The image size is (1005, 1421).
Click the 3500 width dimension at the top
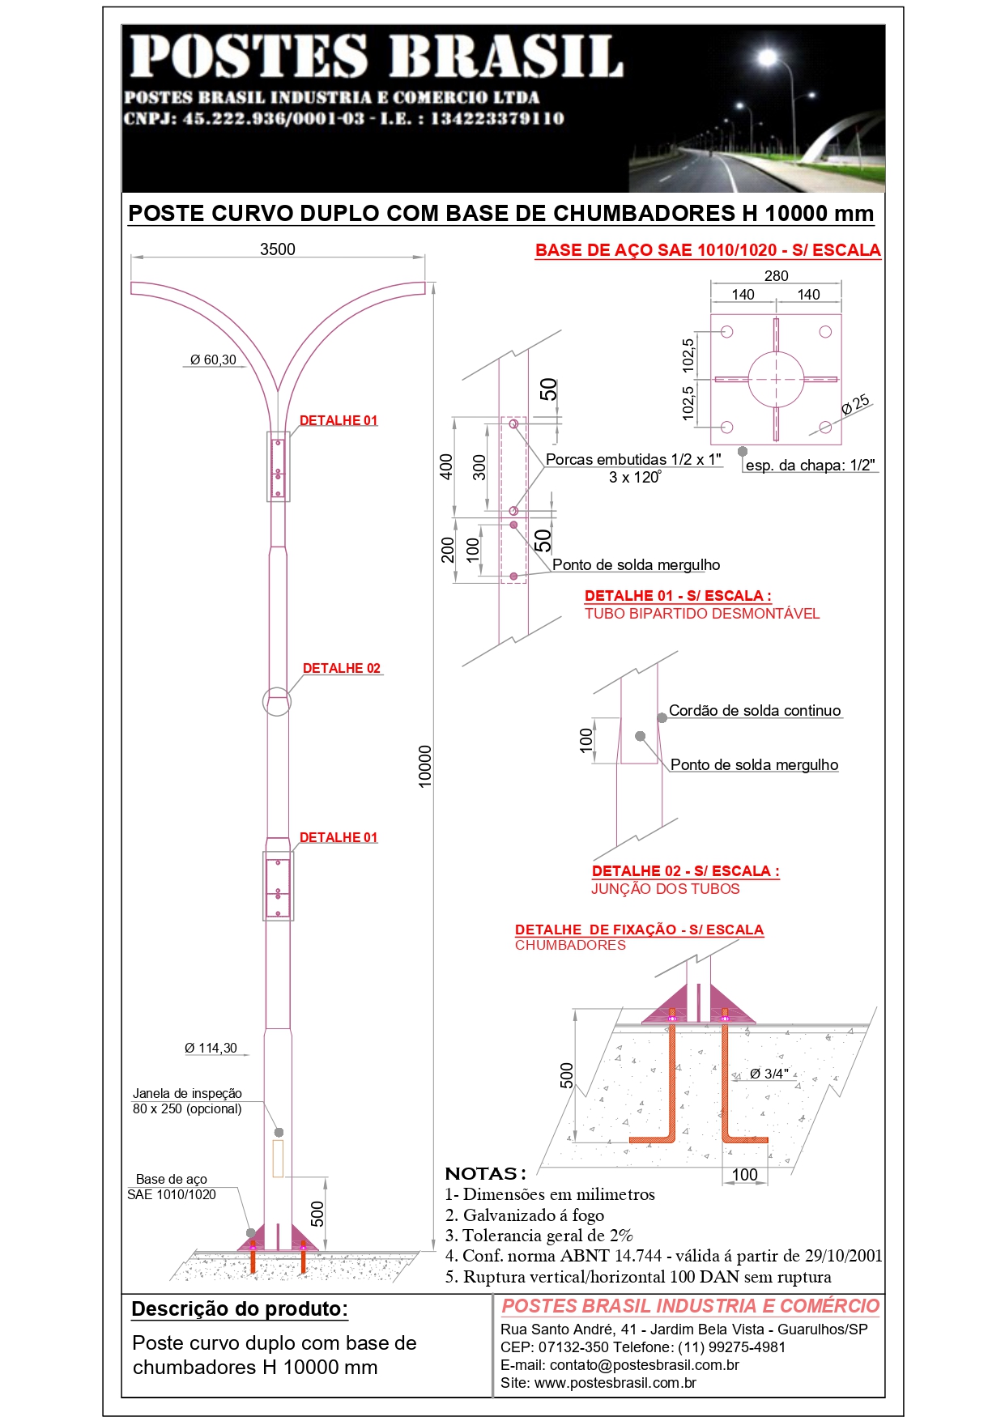277,249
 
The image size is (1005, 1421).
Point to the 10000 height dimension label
425,766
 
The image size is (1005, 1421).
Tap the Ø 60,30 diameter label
213,360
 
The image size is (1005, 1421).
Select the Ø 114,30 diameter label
211,1048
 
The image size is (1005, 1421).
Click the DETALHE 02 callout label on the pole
341,668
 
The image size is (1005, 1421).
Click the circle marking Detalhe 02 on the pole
277,702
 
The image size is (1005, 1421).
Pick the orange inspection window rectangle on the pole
278,1158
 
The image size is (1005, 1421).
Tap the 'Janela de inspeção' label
187,1093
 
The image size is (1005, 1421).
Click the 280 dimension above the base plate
776,276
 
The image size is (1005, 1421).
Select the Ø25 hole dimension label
855,404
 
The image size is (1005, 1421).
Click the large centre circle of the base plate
776,379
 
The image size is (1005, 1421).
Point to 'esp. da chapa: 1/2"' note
810,466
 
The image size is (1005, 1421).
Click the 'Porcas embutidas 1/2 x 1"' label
633,459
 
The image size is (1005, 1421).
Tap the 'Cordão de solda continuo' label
755,710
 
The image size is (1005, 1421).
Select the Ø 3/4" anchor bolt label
769,1074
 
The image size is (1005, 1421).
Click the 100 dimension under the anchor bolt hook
744,1174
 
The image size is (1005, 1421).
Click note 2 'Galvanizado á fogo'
525,1215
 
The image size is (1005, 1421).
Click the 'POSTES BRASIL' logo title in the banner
377,57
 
